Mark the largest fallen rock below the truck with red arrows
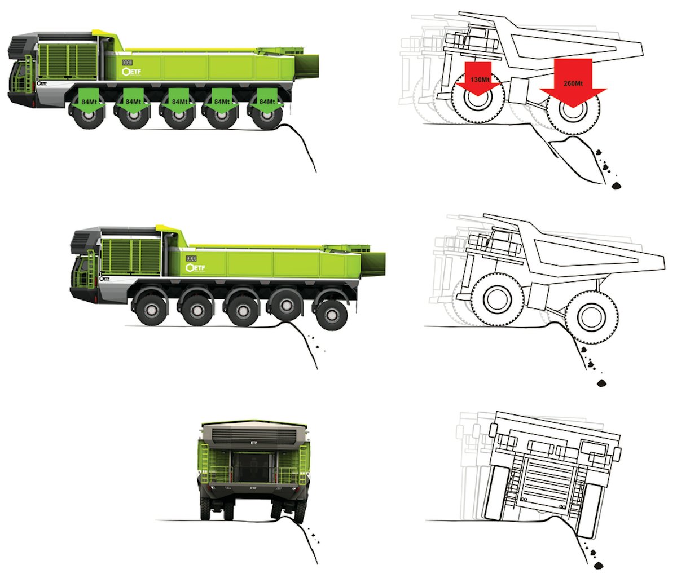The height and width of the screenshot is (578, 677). (x=614, y=186)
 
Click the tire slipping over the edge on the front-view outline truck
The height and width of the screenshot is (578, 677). (x=587, y=510)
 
